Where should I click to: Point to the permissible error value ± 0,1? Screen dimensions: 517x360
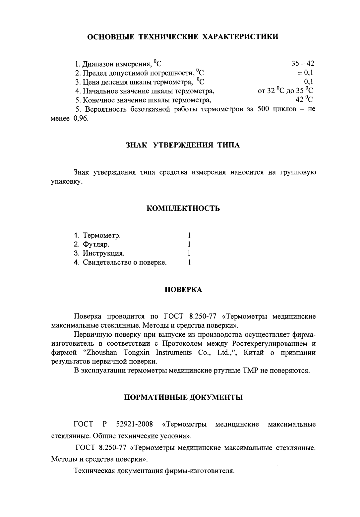tap(305, 73)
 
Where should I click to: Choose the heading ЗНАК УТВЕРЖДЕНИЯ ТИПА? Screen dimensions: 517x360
tap(183, 145)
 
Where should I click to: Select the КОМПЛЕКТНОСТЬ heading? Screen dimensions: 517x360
tap(183, 208)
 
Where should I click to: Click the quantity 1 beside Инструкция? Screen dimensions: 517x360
tap(189, 254)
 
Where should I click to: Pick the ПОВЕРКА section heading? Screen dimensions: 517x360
tap(183, 290)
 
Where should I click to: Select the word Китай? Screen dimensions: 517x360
tap(254, 352)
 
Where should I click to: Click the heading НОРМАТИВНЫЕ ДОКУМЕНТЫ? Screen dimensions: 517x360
tap(183, 397)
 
